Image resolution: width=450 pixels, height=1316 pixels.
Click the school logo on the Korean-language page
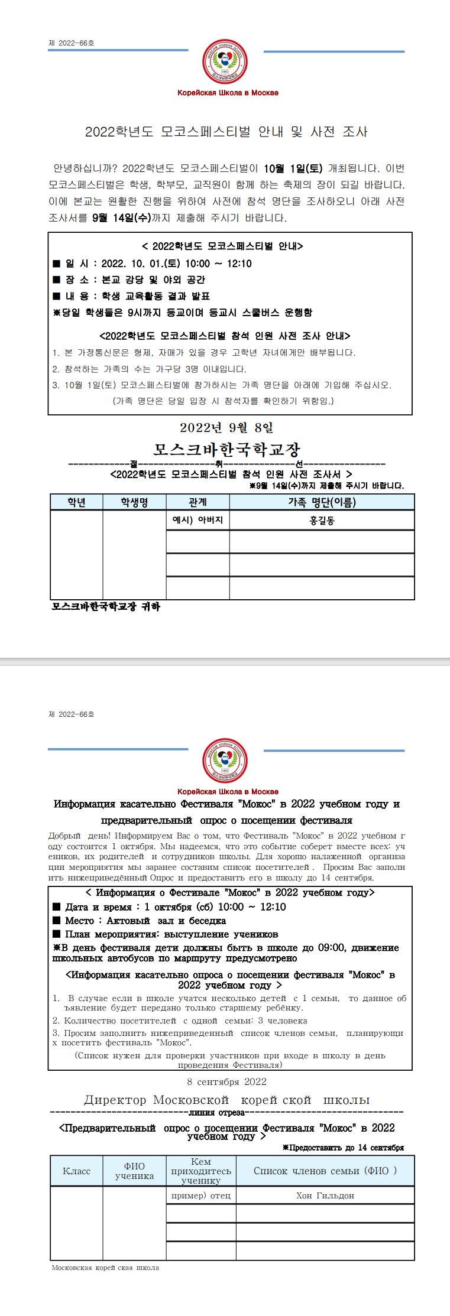pyautogui.click(x=225, y=61)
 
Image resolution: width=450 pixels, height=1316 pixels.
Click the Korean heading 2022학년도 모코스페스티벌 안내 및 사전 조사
pyautogui.click(x=226, y=132)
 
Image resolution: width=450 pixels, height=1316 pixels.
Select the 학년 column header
pyautogui.click(x=76, y=502)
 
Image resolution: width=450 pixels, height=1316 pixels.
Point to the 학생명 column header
pyautogui.click(x=134, y=502)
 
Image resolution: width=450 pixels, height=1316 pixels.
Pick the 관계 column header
pyautogui.click(x=198, y=502)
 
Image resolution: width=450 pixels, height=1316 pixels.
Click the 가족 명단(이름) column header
pyautogui.click(x=322, y=502)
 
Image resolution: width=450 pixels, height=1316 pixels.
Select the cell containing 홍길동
pyautogui.click(x=322, y=521)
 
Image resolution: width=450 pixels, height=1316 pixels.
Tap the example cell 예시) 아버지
pyautogui.click(x=198, y=521)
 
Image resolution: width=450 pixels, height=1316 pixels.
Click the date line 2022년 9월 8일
pyautogui.click(x=226, y=428)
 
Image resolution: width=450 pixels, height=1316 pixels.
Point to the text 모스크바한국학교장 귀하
pyautogui.click(x=106, y=606)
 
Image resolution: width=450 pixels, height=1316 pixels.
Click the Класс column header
pyautogui.click(x=76, y=1171)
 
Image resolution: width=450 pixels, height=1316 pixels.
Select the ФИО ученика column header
pyautogui.click(x=134, y=1171)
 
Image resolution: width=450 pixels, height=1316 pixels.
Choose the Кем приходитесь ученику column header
pyautogui.click(x=201, y=1171)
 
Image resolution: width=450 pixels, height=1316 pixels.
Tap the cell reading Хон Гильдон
pyautogui.click(x=325, y=1195)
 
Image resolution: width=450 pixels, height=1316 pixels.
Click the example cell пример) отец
pyautogui.click(x=201, y=1195)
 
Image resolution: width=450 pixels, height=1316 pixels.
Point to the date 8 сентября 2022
pyautogui.click(x=226, y=1081)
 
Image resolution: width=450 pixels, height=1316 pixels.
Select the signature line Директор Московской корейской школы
pyautogui.click(x=226, y=1100)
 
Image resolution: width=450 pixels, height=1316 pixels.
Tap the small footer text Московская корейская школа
pyautogui.click(x=105, y=1268)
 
